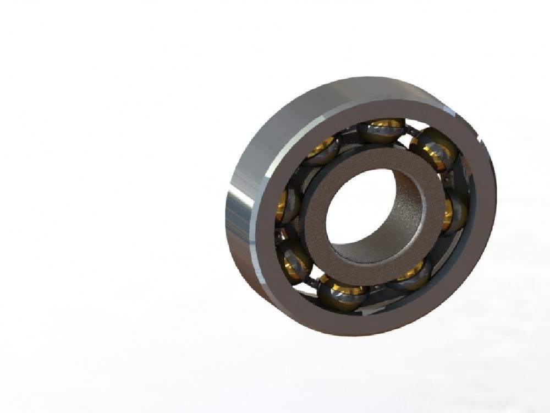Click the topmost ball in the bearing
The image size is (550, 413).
(381, 131)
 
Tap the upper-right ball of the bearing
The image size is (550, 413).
(434, 149)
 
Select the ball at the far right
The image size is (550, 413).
(454, 212)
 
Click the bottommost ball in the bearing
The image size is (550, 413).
(342, 292)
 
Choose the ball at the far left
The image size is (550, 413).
(287, 205)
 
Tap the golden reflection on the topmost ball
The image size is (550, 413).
(380, 123)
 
